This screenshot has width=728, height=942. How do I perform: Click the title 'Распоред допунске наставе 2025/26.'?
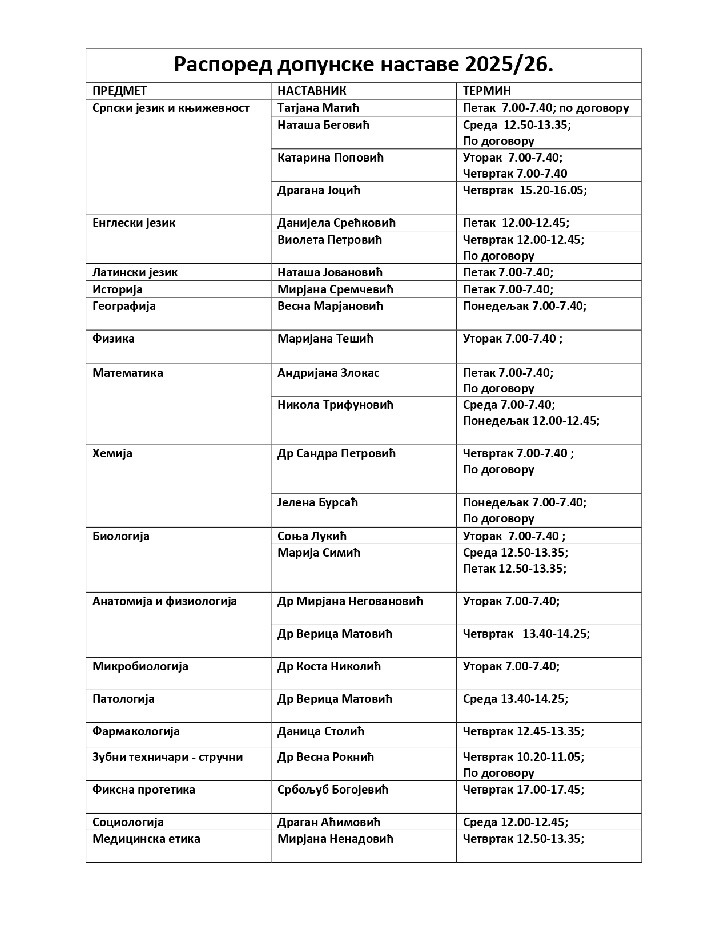[x=363, y=66]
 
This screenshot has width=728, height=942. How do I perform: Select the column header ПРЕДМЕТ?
[x=120, y=91]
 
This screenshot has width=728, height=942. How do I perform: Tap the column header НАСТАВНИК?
[x=312, y=91]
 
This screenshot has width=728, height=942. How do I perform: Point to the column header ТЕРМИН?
[x=487, y=91]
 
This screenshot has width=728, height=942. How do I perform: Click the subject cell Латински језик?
[x=135, y=272]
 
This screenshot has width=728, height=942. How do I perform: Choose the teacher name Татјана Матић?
[x=318, y=108]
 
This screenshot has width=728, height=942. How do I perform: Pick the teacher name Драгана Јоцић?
[x=319, y=190]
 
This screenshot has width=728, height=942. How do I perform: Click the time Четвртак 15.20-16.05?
[x=525, y=190]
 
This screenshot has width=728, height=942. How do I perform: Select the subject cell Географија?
[x=124, y=306]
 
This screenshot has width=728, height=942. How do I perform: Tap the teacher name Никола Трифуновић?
[x=336, y=405]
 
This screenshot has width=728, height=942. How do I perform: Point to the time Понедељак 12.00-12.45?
[x=531, y=421]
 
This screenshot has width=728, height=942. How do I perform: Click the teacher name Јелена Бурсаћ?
[x=317, y=502]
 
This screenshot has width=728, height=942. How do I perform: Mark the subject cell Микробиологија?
[x=140, y=666]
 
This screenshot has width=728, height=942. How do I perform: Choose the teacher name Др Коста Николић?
[x=329, y=666]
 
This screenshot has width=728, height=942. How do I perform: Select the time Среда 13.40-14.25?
[x=516, y=699]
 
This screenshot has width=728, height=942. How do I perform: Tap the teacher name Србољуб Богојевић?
[x=333, y=790]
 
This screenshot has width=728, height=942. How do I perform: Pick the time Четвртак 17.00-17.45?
[x=524, y=790]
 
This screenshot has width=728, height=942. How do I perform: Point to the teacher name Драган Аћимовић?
[x=329, y=822]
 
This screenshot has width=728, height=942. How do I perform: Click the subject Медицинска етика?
[x=146, y=839]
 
